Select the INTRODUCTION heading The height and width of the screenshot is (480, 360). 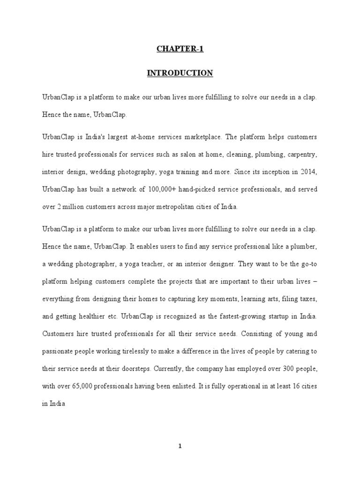click(180, 73)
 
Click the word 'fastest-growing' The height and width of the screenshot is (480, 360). click(234, 316)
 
